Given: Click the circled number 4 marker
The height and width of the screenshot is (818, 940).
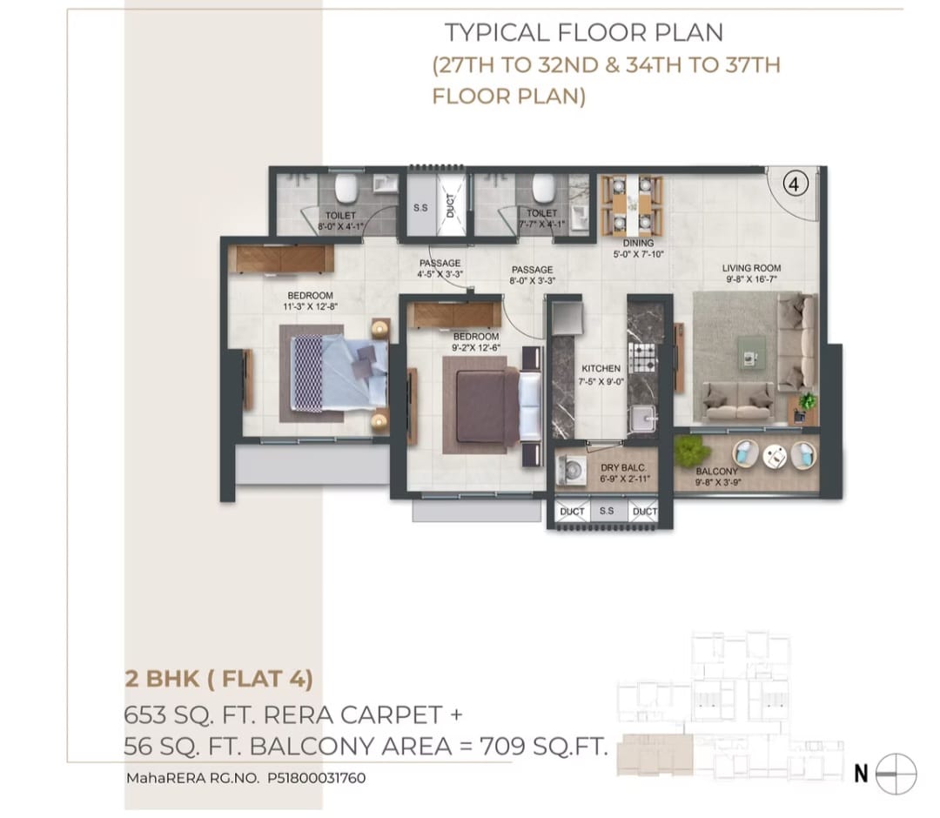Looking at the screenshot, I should click(796, 184).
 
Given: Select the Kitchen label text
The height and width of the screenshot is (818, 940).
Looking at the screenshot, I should click(601, 369).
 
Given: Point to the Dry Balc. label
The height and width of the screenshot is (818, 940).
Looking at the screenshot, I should click(621, 468).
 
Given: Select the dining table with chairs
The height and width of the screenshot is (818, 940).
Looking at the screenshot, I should click(632, 205).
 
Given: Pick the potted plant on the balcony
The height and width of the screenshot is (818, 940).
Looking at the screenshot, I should click(690, 450).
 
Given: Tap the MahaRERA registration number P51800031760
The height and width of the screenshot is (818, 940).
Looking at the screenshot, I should click(311, 779).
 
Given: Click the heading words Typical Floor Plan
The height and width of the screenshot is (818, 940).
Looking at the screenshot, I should click(583, 33).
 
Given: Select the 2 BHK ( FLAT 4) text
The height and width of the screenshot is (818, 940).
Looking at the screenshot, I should click(218, 678).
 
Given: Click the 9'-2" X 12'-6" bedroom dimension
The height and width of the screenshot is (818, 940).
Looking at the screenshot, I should click(475, 347).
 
